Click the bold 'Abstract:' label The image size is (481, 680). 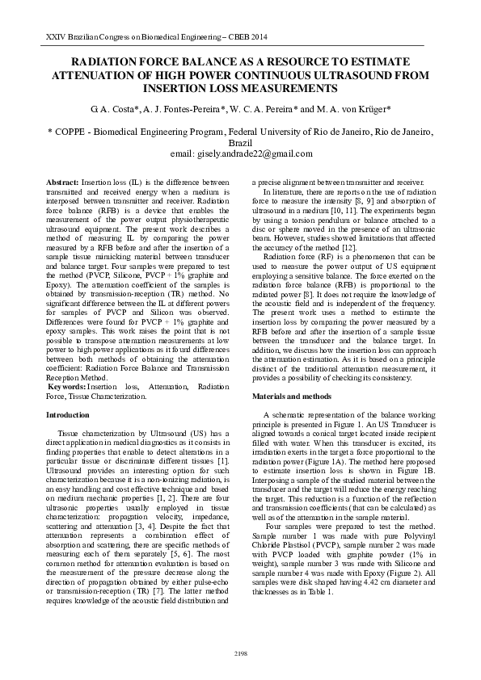point(63,184)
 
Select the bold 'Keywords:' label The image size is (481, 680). point(70,388)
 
